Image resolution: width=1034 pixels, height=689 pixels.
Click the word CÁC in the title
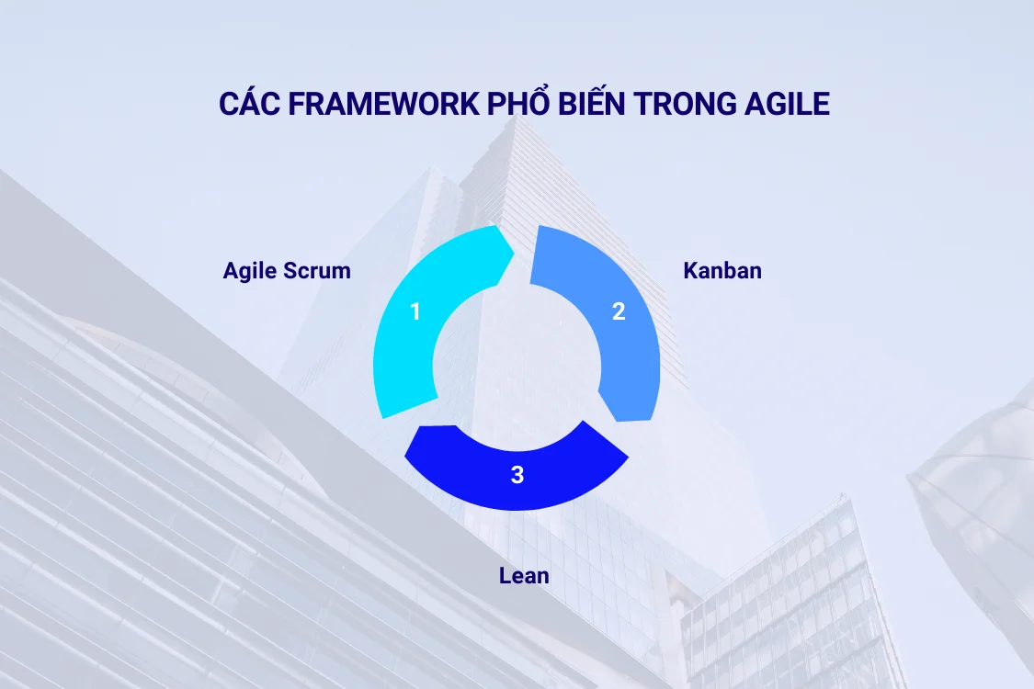click(249, 104)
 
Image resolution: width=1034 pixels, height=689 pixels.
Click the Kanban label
click(722, 271)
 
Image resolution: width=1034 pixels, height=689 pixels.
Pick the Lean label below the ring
click(524, 576)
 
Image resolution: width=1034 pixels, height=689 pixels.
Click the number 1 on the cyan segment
click(415, 312)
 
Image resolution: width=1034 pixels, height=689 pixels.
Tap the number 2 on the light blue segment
click(619, 312)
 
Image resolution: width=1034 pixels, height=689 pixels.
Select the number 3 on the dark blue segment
click(517, 475)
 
